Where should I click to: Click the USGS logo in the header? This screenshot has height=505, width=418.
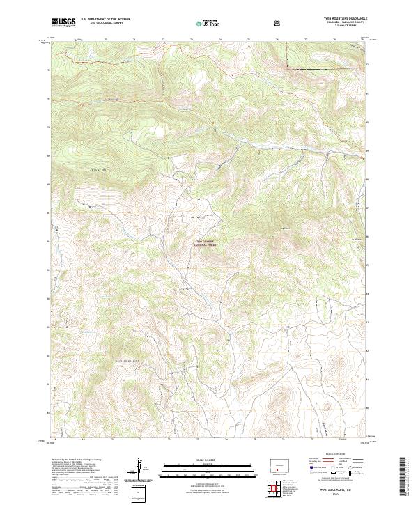point(64,22)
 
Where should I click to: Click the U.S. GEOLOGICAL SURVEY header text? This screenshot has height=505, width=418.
point(101,24)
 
